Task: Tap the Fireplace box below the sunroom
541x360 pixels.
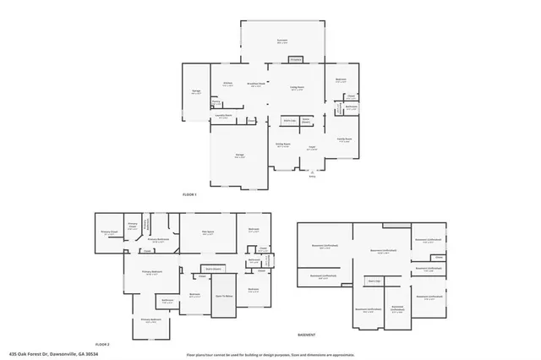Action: click(296, 60)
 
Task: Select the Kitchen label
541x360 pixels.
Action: click(227, 84)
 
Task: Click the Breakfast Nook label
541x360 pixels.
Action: click(256, 84)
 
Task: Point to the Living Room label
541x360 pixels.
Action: click(298, 87)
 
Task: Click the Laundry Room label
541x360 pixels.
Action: click(223, 117)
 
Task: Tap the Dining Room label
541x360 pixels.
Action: click(282, 145)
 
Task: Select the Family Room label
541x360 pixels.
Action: click(344, 141)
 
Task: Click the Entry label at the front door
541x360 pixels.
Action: click(312, 176)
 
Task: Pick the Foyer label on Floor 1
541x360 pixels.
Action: click(312, 147)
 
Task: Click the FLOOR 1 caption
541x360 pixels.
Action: click(189, 194)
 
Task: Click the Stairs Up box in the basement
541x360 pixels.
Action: click(374, 280)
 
